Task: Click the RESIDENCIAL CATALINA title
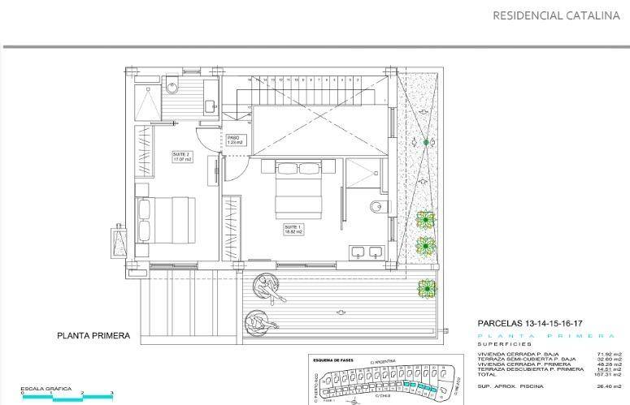pos(556,15)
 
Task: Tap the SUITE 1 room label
pos(293,229)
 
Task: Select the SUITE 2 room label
pos(181,157)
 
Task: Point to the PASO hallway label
pos(235,140)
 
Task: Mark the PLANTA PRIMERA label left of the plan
pos(93,335)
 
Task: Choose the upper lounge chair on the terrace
pos(266,287)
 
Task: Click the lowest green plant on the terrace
pos(426,287)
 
